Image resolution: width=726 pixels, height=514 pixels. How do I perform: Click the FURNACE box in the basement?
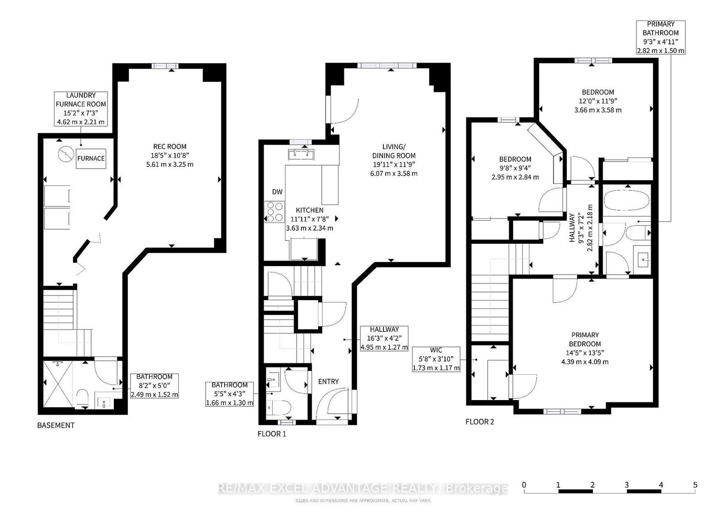(x=91, y=158)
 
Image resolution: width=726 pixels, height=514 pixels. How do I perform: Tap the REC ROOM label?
(x=170, y=147)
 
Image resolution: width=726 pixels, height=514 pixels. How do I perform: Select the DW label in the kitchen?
(x=277, y=192)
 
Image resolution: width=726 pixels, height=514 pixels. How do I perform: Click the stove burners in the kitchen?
(x=275, y=212)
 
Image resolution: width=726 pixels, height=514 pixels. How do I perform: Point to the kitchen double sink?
(x=301, y=154)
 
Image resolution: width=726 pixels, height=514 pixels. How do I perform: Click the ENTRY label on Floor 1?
(x=329, y=382)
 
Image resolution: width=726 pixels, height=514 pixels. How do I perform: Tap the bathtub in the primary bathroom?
(x=627, y=201)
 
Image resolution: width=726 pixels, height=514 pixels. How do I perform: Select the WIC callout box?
(x=436, y=359)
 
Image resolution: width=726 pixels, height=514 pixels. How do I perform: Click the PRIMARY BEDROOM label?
(x=585, y=339)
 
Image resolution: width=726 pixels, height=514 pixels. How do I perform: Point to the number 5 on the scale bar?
(x=695, y=485)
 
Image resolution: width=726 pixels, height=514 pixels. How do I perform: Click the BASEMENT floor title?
(x=56, y=425)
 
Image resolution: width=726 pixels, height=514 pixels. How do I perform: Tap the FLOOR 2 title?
(x=480, y=422)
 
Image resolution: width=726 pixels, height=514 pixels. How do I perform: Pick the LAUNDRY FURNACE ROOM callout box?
(x=81, y=109)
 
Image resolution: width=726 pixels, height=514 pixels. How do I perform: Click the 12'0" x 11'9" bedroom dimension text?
(x=598, y=101)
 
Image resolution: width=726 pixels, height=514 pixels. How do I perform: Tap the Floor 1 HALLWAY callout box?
(x=384, y=339)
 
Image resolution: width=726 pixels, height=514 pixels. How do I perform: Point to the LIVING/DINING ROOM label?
(x=394, y=151)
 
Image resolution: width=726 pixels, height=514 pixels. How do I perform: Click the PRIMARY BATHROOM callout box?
(x=661, y=37)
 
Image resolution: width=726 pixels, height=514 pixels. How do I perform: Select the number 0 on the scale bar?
(x=524, y=485)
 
